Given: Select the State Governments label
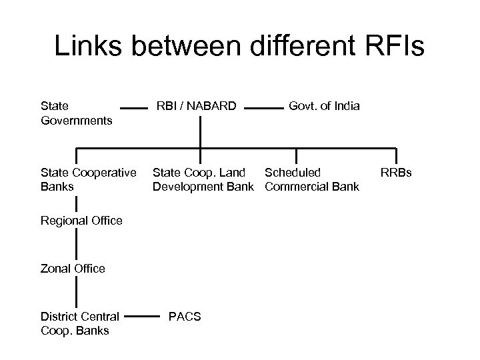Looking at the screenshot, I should click(75, 113).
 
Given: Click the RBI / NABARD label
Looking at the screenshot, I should click(196, 106).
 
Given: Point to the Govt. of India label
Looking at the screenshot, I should click(324, 106).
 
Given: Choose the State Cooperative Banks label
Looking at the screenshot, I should click(89, 179).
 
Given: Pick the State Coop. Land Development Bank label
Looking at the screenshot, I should click(203, 179).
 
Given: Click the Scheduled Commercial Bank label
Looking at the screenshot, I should click(311, 179).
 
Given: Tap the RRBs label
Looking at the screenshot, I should click(396, 173).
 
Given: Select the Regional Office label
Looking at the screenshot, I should click(81, 221).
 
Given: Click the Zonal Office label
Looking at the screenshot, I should click(73, 269).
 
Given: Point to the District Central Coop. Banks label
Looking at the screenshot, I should click(80, 323).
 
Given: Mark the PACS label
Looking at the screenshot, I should click(185, 316).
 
